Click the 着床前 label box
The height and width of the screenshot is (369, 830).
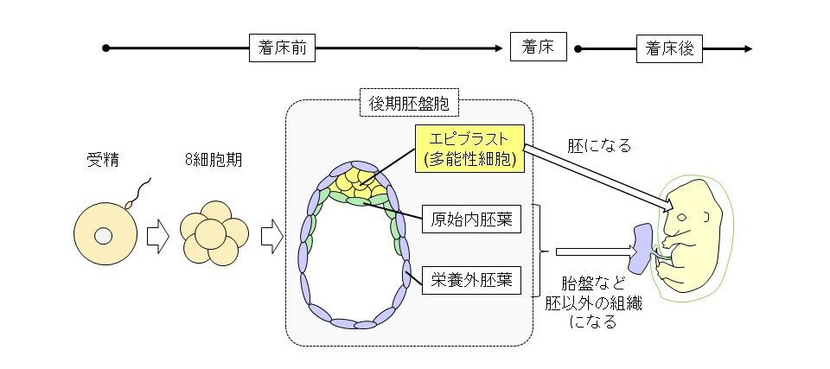tap(282, 48)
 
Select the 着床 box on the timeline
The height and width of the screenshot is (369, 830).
tap(538, 48)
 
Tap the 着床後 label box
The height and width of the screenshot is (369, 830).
tap(670, 48)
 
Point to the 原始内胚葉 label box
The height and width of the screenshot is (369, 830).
tap(472, 219)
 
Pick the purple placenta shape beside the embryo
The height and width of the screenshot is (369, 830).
tap(644, 246)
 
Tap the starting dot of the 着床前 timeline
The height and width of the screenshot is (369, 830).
tap(105, 48)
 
